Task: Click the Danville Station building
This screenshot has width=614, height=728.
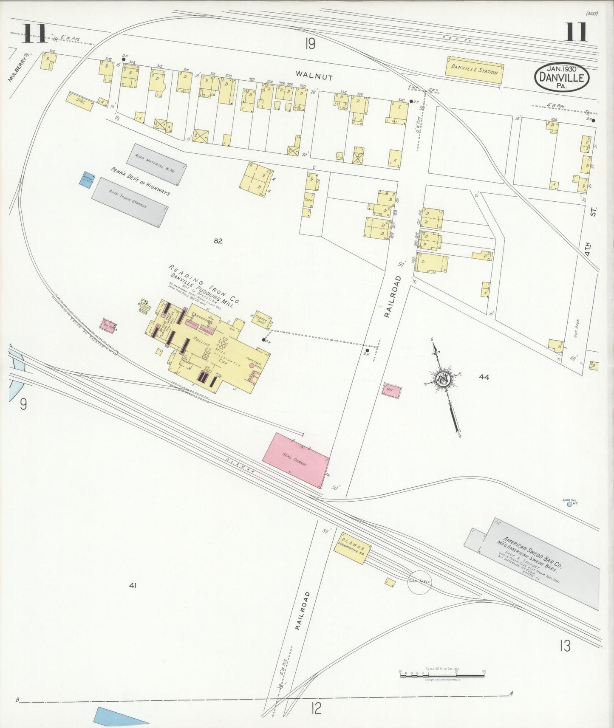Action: (474, 69)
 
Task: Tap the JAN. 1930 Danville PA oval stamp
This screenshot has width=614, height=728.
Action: (562, 76)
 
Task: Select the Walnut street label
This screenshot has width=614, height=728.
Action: (314, 76)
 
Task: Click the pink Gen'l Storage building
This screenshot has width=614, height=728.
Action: (295, 460)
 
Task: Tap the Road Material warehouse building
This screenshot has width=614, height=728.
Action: (156, 164)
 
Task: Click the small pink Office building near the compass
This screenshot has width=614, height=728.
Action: (391, 390)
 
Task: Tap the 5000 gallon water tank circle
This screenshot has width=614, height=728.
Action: (567, 505)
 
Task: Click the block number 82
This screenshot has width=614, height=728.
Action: (218, 241)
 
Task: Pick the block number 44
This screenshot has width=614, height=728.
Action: (484, 376)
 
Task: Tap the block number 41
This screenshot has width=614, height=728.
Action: (133, 585)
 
